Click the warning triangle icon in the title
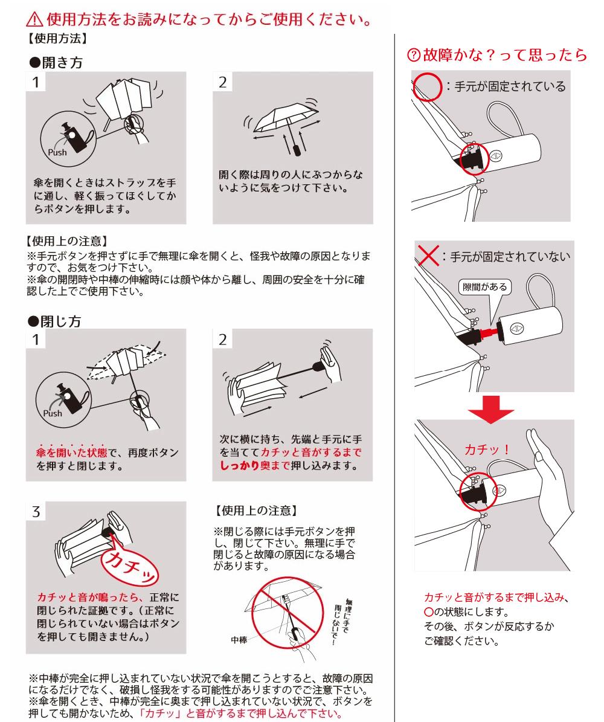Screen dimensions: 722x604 click(x=34, y=22)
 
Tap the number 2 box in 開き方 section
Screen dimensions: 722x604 click(x=223, y=82)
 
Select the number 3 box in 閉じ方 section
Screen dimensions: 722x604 click(x=36, y=512)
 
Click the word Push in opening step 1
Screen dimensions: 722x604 click(x=58, y=152)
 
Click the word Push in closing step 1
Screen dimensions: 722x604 click(x=53, y=414)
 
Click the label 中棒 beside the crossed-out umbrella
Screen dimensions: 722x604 click(x=239, y=639)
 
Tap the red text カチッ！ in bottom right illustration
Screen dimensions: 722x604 click(x=486, y=450)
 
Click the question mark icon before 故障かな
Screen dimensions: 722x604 click(x=414, y=56)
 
